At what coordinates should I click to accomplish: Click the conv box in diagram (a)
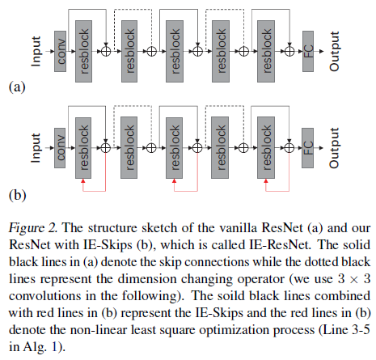point(59,49)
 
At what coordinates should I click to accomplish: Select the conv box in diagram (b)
point(59,148)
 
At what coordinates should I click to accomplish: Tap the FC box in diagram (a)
point(309,49)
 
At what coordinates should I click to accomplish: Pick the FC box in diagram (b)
point(309,148)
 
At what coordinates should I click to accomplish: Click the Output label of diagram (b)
point(335,148)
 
